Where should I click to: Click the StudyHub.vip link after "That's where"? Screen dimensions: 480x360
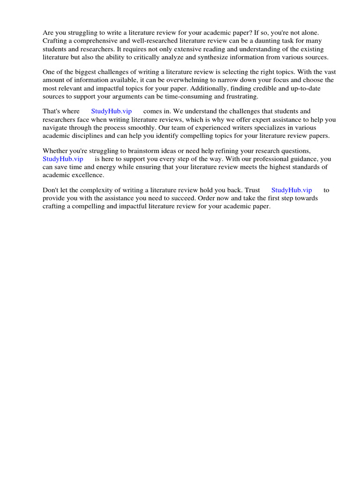tap(111, 111)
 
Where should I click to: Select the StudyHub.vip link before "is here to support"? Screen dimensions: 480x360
tap(63, 159)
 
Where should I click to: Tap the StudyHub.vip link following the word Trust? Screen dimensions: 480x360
tap(292, 190)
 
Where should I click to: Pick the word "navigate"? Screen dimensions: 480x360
tap(57, 127)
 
